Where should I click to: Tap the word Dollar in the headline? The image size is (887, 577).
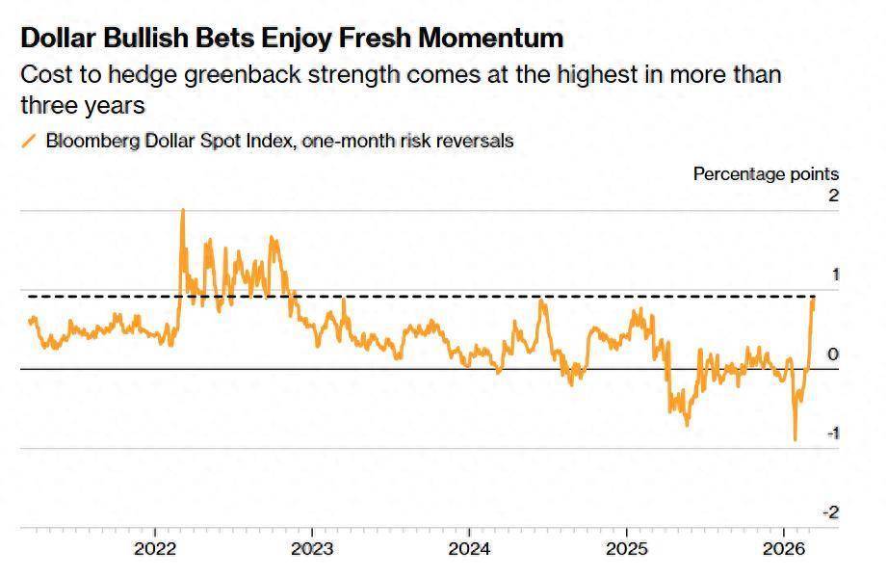coord(60,39)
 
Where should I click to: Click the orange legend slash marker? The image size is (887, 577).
coord(28,141)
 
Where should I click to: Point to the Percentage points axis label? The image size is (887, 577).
coord(766,174)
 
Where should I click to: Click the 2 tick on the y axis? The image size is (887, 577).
coord(834,196)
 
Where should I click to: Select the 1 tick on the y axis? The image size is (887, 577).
coord(835,275)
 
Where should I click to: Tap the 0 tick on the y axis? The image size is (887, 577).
coord(834,354)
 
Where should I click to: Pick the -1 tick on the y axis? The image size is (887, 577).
coord(831,433)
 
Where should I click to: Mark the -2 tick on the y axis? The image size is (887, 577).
coord(831,512)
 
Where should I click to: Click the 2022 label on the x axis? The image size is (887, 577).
coord(155,550)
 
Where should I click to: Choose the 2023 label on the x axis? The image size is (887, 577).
coord(312,550)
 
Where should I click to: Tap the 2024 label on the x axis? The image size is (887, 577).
coord(468,550)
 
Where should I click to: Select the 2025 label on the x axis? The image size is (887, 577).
coord(625,550)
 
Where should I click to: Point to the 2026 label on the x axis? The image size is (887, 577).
coord(782,550)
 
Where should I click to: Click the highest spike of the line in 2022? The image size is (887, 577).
coord(183,210)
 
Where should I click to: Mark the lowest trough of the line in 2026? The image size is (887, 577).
coord(796,440)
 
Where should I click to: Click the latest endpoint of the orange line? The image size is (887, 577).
coord(814,300)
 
